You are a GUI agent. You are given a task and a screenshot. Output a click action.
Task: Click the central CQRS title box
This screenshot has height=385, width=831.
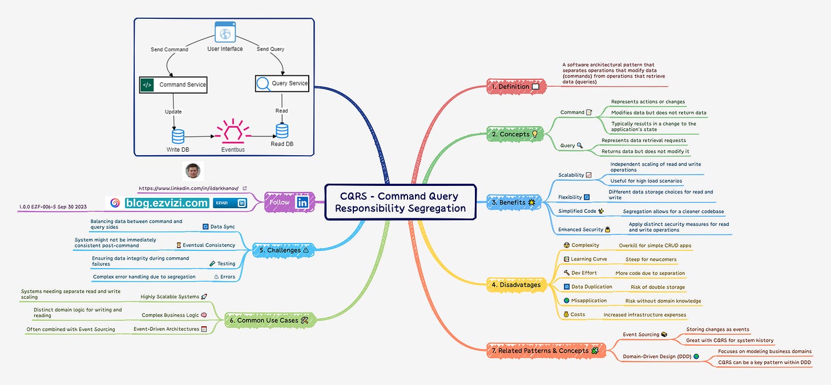[x=400, y=202]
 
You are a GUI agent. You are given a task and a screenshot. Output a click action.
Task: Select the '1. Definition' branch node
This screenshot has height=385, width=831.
[x=516, y=87]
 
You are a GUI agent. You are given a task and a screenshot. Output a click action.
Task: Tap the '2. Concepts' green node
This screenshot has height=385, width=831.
[x=515, y=134]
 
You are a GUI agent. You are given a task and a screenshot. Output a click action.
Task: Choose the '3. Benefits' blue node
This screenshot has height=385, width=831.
[x=514, y=202]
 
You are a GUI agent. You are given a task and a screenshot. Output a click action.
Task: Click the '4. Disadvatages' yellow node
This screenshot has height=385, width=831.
[x=517, y=285]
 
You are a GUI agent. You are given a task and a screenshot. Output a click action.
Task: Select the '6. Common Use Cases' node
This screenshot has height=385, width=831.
[x=270, y=320]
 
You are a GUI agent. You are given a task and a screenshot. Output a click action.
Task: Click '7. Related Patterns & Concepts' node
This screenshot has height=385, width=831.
[x=546, y=351]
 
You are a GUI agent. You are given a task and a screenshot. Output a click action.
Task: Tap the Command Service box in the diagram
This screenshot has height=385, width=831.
[x=174, y=85]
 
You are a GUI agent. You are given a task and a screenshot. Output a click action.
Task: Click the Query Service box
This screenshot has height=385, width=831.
[x=282, y=83]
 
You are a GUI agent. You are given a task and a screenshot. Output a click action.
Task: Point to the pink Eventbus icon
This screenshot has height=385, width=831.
[x=233, y=131]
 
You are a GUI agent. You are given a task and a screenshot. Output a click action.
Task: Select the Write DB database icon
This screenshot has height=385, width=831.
[x=178, y=136]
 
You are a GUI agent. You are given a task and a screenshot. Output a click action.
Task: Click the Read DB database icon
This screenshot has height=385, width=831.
[x=282, y=131]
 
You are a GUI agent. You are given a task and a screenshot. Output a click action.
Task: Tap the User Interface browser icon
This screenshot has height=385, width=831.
[x=225, y=32]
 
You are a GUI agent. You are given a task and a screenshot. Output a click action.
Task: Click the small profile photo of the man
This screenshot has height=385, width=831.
[x=193, y=171]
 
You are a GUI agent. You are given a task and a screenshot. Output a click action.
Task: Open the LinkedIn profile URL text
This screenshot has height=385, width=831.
[x=188, y=188]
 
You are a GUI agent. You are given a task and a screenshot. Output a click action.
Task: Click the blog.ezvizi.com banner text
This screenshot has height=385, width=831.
[x=167, y=203]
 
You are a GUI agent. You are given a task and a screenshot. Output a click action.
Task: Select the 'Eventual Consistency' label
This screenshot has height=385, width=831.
[x=209, y=245]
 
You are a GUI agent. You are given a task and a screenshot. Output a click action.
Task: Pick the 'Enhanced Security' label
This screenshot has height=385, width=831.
[x=580, y=230]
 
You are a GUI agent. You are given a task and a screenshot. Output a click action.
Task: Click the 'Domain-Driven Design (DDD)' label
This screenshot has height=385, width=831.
[x=657, y=356]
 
